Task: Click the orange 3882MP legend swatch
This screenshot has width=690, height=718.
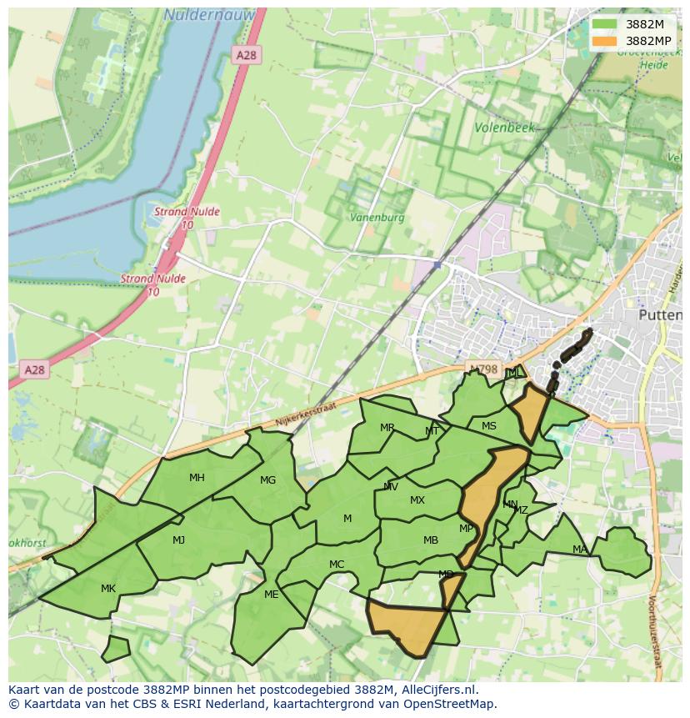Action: point(605,41)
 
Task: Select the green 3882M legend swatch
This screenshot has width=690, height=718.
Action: point(605,24)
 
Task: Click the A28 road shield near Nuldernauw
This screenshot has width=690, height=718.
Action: point(247,55)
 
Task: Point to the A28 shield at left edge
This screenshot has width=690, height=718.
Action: point(34,369)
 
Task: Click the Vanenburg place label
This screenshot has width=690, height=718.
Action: point(377,218)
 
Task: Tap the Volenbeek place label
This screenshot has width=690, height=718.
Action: point(503,128)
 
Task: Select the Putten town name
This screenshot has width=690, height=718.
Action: point(659,315)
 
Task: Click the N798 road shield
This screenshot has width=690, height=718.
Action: point(482,369)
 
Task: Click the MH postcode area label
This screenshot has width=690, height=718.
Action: point(197,478)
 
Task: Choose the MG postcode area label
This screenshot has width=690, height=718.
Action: point(267,480)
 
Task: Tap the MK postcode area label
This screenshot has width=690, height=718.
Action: point(108,589)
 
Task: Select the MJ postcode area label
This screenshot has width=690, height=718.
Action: point(178,540)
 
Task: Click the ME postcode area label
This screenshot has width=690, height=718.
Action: point(271,595)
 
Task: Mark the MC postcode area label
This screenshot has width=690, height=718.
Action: point(337,565)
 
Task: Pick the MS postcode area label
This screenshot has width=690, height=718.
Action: point(489,426)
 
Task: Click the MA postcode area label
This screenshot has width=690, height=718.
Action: point(579,549)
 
